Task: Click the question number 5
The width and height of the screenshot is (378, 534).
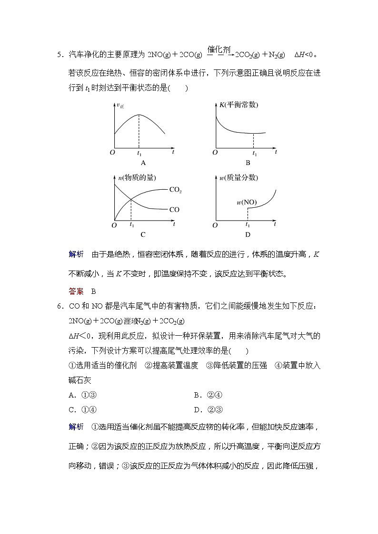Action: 59,55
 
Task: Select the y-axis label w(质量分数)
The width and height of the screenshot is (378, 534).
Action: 239,177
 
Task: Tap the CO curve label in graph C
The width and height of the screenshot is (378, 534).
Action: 174,209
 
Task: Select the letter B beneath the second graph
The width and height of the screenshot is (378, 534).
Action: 248,163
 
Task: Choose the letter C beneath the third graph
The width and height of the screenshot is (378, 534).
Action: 143,234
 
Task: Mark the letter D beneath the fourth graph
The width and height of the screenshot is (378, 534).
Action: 248,234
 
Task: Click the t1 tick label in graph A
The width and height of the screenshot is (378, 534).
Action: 139,154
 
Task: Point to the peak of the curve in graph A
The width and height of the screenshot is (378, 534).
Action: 139,115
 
